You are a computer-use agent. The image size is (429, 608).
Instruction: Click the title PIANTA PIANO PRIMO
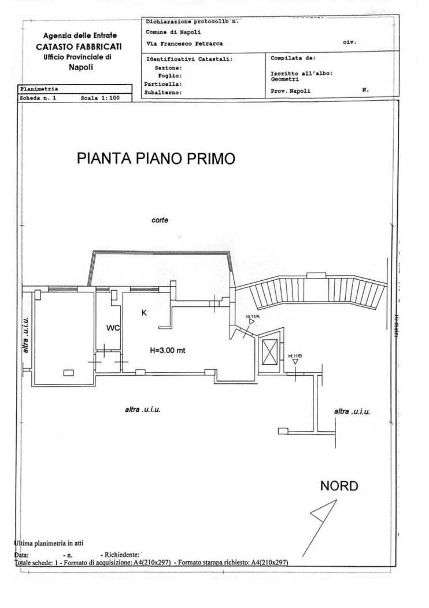[x=156, y=159]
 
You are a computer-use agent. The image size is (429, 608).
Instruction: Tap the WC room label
[x=113, y=328]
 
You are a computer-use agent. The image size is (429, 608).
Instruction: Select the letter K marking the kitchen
[x=145, y=313]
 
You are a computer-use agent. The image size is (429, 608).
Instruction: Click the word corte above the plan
[x=160, y=220]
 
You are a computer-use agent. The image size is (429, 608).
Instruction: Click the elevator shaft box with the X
[x=269, y=350]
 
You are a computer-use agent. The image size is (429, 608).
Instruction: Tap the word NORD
[x=339, y=485]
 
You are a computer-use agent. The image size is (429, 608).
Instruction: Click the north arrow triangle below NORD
[x=323, y=513]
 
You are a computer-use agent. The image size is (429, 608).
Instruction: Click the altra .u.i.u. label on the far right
[x=352, y=411]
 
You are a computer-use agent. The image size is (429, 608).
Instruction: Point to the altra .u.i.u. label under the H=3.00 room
[x=142, y=409]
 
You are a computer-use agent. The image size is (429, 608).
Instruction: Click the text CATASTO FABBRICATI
[x=79, y=46]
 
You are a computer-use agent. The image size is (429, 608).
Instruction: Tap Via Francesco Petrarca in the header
[x=184, y=43]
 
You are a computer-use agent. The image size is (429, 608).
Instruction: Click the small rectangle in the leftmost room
[x=68, y=372]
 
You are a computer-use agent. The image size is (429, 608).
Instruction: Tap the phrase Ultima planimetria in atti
[x=49, y=543]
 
